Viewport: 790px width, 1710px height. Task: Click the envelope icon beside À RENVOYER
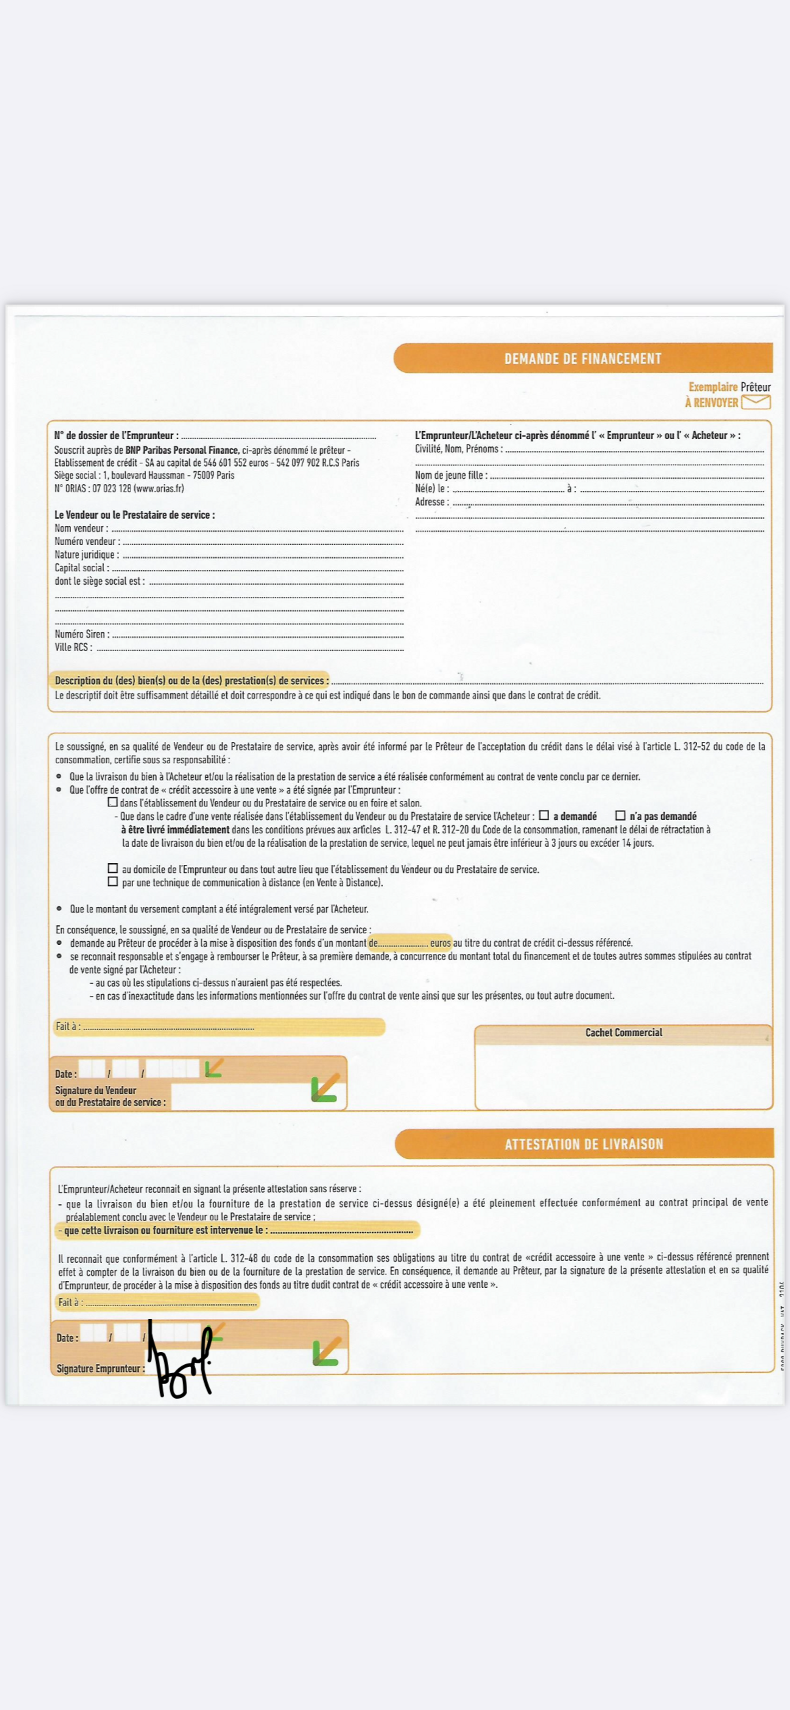756,401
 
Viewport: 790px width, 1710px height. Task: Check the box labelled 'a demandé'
544,815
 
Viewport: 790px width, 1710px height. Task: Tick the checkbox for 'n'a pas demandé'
620,815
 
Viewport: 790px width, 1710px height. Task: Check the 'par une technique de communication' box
113,881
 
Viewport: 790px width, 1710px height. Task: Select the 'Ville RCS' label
73,647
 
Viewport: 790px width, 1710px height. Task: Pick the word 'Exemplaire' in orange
712,386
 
